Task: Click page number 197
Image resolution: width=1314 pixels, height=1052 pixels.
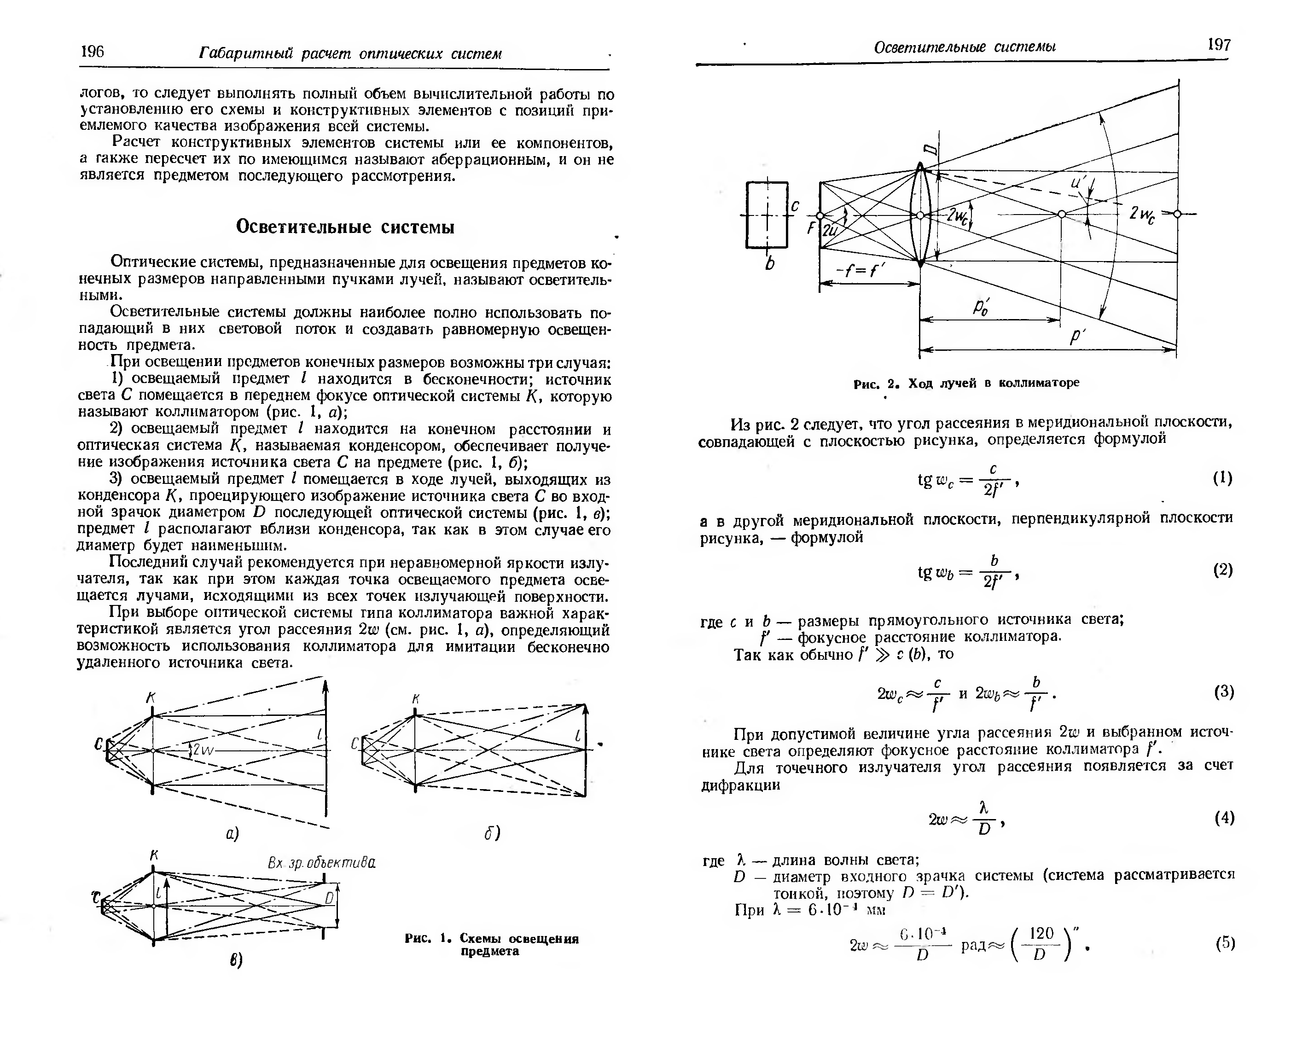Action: pos(1218,45)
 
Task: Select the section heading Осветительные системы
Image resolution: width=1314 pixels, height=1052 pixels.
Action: pos(345,227)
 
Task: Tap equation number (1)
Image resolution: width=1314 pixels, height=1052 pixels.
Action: pos(1222,478)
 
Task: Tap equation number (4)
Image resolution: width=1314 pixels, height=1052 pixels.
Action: pos(1224,817)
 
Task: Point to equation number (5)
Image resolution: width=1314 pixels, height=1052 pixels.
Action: pos(1224,943)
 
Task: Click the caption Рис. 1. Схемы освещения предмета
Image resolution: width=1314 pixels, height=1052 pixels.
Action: pos(491,944)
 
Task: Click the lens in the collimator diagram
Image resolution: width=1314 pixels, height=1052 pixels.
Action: pos(920,215)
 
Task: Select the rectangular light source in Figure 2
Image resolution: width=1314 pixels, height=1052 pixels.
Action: pos(767,215)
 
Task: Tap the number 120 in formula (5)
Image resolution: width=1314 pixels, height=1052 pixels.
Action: pos(1041,933)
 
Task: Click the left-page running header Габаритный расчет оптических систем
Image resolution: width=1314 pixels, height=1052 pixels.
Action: pos(350,54)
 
